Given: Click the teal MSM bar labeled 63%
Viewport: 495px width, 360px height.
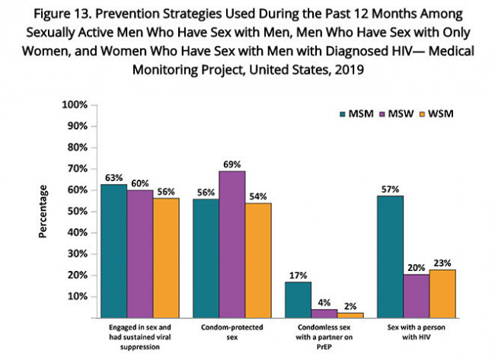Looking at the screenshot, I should pos(113,250).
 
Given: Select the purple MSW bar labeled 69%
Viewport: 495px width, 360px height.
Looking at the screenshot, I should pos(232,244).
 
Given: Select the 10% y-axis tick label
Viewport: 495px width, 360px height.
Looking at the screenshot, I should pos(78,296).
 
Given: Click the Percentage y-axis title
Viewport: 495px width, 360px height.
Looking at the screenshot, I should pos(44,211).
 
